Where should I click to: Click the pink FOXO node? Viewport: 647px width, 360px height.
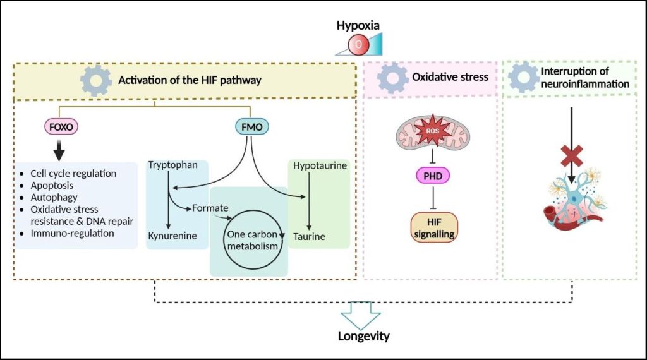point(61,126)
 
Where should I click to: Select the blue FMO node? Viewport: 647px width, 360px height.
point(251,126)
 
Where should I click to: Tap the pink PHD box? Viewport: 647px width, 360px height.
point(433,176)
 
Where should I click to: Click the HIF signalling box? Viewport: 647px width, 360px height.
point(434,227)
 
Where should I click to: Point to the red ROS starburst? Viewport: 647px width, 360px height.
point(432,131)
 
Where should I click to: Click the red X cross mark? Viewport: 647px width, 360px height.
point(572,156)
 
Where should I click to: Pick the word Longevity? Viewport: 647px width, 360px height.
point(363,336)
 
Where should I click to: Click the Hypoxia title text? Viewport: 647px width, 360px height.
point(358,25)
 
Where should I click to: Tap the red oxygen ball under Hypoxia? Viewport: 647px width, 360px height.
point(358,45)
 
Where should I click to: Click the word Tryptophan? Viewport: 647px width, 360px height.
point(173,165)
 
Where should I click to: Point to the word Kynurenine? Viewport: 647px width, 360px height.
point(172,236)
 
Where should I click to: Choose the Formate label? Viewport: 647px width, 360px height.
point(210,208)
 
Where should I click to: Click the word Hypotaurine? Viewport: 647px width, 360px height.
point(320,165)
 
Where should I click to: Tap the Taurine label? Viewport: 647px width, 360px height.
point(309,237)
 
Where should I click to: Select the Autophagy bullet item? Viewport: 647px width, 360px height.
point(54,198)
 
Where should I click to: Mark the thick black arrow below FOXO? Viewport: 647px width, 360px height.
point(59,150)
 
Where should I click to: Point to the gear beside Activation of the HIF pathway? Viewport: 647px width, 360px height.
point(96,80)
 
